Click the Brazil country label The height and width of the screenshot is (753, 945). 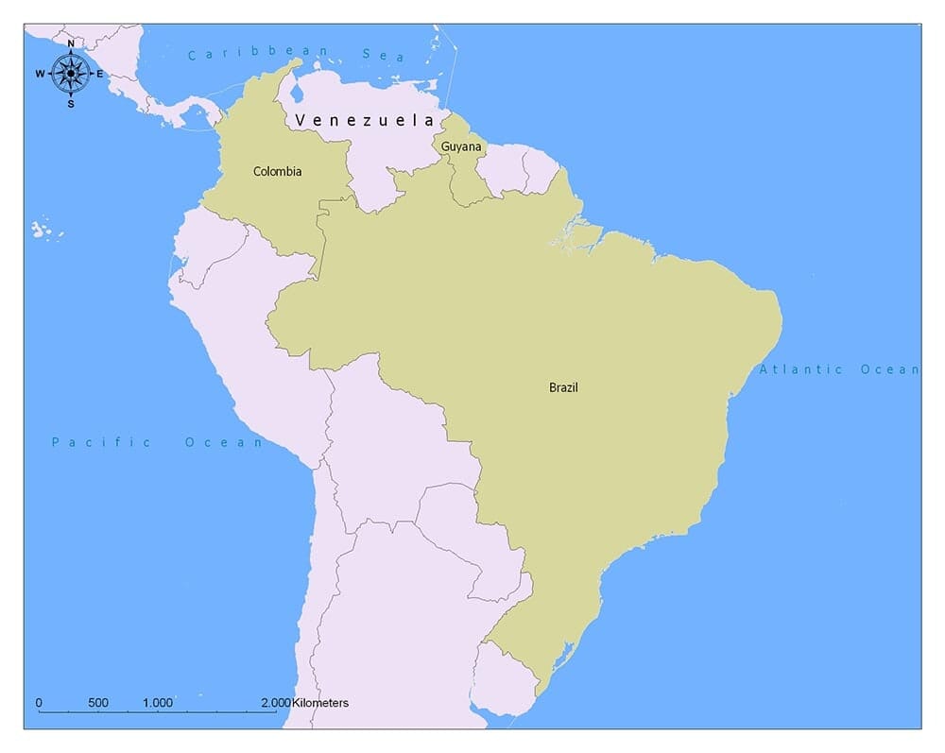point(563,387)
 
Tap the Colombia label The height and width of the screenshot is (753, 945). point(278,171)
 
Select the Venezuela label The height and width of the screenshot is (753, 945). point(364,120)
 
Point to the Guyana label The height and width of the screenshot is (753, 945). point(461,146)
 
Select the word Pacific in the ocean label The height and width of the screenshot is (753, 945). point(101,442)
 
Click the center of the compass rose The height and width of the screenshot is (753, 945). point(70,73)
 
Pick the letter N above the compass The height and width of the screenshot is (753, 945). point(70,43)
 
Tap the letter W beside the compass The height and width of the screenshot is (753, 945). point(41,74)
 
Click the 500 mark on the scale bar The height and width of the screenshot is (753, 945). point(98,703)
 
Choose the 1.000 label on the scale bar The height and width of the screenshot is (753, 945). point(158,703)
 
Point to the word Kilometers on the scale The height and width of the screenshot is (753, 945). point(320,703)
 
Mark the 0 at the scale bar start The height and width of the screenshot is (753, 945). point(39,703)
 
